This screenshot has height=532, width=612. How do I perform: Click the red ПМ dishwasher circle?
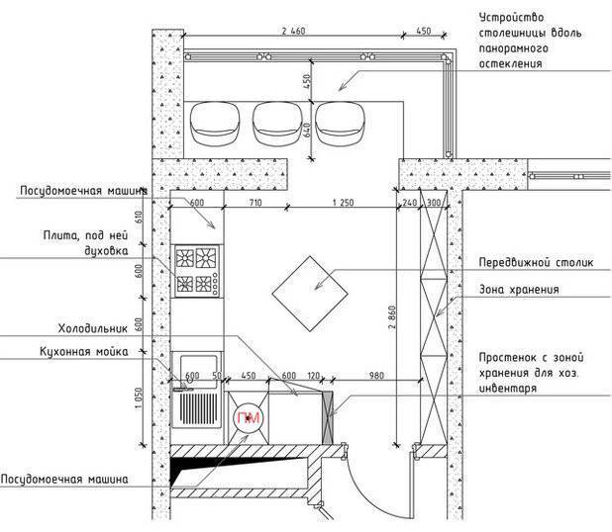click(x=249, y=418)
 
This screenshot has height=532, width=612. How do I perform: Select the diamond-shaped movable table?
click(x=310, y=294)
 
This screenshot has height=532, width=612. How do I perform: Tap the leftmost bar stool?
click(x=214, y=124)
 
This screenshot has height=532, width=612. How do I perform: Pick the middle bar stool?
click(x=277, y=124)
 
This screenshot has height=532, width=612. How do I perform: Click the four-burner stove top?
click(x=197, y=271)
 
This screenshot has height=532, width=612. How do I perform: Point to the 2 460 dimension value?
click(x=293, y=31)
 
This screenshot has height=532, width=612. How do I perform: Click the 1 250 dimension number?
click(x=343, y=203)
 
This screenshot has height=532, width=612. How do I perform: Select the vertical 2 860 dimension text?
click(x=392, y=316)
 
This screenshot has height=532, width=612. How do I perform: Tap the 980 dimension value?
click(x=376, y=376)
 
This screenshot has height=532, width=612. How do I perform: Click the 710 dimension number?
click(x=255, y=203)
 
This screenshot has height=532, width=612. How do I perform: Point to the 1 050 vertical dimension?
click(x=139, y=399)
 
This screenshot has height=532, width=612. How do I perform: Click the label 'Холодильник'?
click(x=93, y=328)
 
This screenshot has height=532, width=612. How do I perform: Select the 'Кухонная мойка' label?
click(x=84, y=352)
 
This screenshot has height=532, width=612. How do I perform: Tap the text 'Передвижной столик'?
click(x=536, y=262)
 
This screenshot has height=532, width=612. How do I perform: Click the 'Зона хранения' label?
click(x=519, y=290)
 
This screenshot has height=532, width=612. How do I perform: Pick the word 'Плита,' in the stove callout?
click(x=61, y=235)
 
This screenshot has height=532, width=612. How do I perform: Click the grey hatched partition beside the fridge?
click(x=328, y=417)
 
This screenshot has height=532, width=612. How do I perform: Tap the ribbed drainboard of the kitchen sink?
click(x=198, y=408)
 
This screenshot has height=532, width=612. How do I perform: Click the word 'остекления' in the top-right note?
click(x=511, y=63)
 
